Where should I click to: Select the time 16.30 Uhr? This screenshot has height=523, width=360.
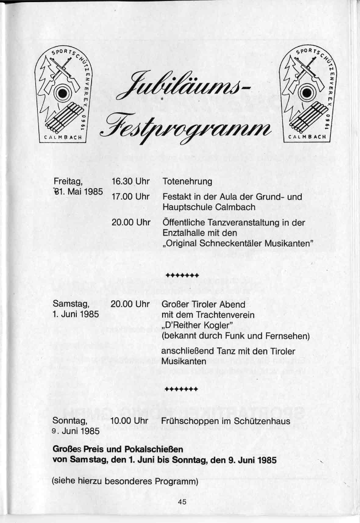[x=131, y=182]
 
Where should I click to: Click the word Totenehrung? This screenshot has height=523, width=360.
[x=187, y=182]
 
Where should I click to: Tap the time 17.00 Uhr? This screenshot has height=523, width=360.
[x=131, y=197]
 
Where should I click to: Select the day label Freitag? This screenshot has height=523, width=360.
[x=68, y=182]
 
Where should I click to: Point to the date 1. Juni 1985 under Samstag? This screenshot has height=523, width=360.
[x=76, y=314]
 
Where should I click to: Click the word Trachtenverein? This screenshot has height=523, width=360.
[x=225, y=315]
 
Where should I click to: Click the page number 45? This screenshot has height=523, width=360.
[x=182, y=503]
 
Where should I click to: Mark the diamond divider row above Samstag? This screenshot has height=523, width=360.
[x=182, y=275]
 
